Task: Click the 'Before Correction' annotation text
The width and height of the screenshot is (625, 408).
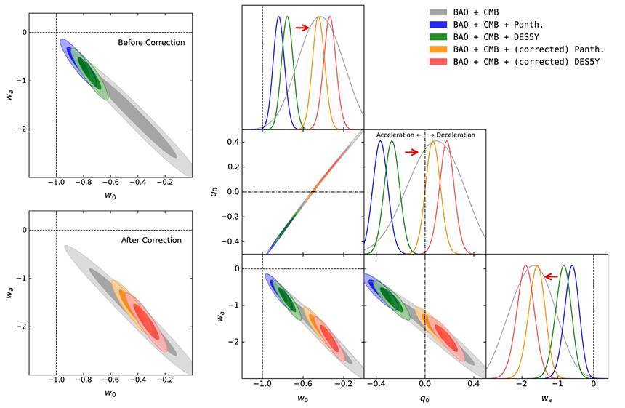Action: (x=151, y=43)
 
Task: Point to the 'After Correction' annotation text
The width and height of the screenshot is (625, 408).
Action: (x=151, y=240)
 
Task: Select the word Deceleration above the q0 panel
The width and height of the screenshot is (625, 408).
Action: (x=455, y=135)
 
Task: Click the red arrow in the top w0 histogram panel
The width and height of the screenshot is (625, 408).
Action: (x=302, y=28)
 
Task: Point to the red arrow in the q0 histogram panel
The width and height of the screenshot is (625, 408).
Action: (x=412, y=152)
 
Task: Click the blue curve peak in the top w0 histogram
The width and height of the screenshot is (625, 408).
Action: (x=278, y=17)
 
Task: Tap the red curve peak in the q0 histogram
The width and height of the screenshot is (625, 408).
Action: (x=446, y=142)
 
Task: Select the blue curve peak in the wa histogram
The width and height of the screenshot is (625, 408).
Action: (x=573, y=266)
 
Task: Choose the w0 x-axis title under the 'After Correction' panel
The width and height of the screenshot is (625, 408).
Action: (x=110, y=393)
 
